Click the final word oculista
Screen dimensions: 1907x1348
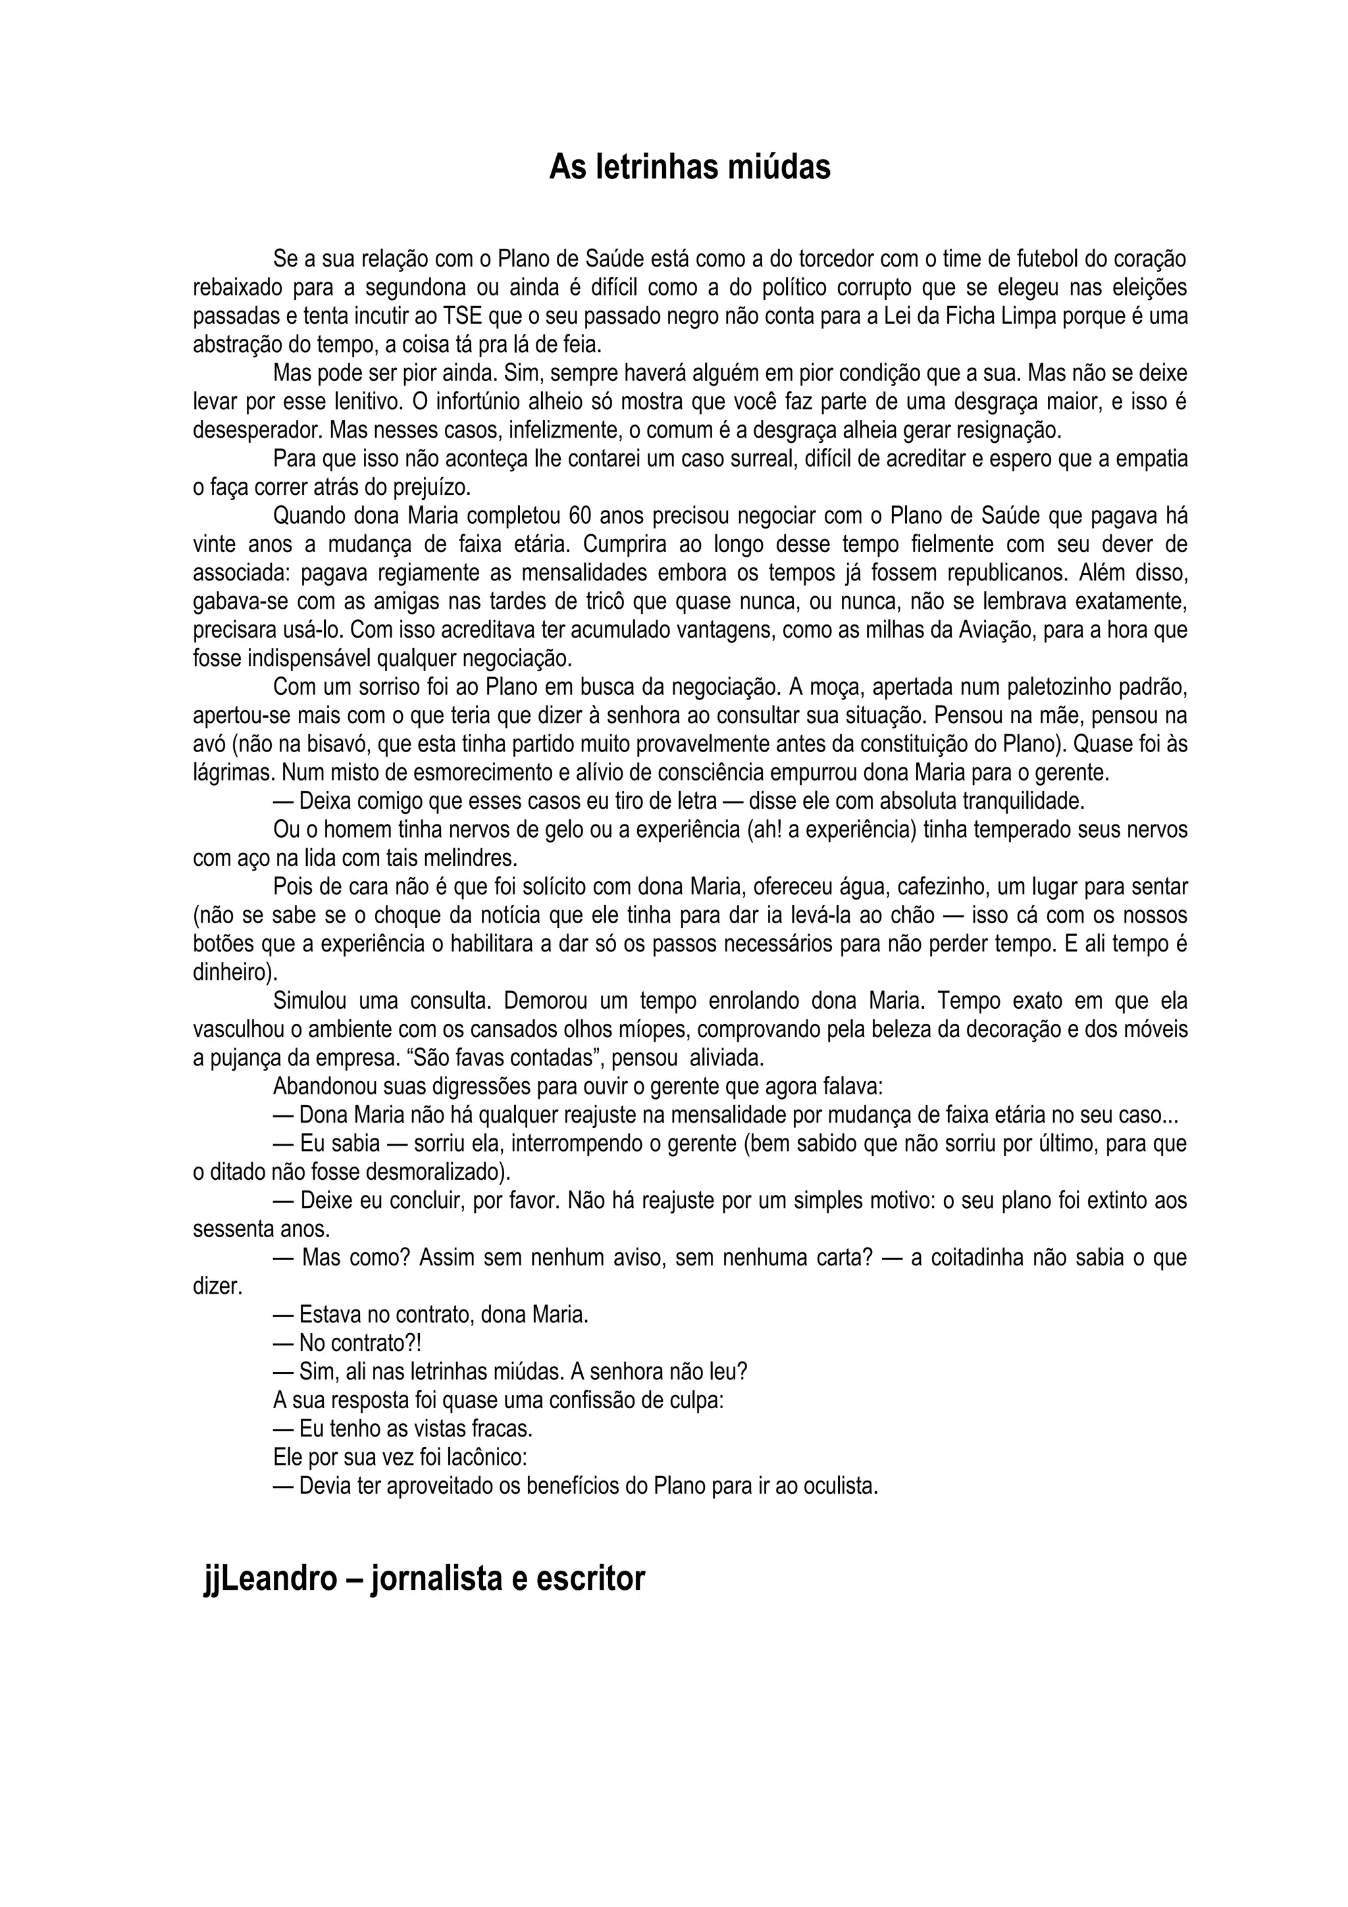pos(840,1486)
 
